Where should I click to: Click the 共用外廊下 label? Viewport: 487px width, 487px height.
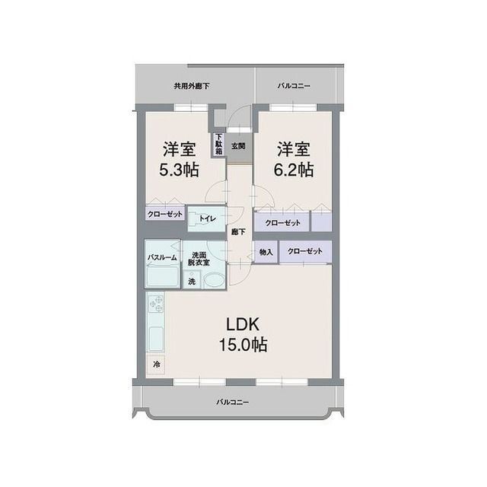tap(191, 86)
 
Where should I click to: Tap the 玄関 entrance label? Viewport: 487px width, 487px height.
tap(238, 145)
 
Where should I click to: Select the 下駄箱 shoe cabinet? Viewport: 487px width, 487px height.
tap(219, 145)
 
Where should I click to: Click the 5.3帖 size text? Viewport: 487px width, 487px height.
tap(180, 170)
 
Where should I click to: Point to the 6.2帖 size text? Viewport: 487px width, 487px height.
tap(294, 170)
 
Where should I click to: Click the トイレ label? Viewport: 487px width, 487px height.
tap(208, 218)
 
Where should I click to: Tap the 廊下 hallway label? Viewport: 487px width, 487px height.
tap(238, 231)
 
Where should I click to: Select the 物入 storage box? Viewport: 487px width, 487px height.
tap(266, 252)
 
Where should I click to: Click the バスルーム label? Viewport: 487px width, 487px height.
tap(162, 257)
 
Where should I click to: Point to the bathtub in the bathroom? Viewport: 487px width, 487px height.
tap(162, 277)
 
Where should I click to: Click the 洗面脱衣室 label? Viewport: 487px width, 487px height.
tap(199, 259)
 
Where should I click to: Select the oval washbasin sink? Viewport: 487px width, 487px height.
tap(214, 281)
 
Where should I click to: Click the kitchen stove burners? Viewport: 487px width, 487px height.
tap(155, 304)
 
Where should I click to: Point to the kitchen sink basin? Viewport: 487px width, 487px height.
tap(155, 339)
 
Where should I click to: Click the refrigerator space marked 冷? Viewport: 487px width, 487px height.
tap(156, 364)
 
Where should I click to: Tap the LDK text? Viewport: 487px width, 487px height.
tap(243, 325)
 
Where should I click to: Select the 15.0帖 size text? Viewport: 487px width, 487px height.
tap(243, 345)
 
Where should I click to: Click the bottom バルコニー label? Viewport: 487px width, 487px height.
tap(233, 403)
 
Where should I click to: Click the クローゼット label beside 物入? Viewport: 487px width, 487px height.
tap(305, 251)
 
